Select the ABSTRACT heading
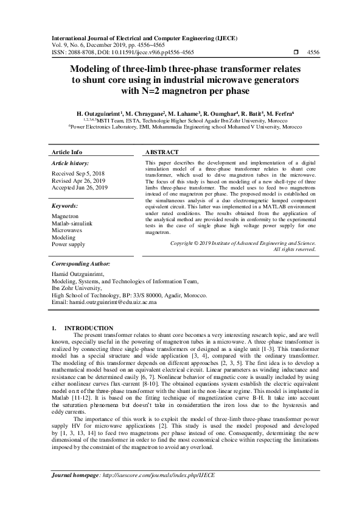coord(162,152)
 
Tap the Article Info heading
coord(67,152)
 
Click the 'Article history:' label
coord(71,163)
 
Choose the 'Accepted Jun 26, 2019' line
coord(80,188)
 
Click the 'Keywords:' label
coord(65,206)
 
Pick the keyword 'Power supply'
coord(68,244)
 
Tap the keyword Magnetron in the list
coord(65,216)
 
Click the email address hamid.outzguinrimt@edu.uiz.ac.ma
coord(104,302)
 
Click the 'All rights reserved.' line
coord(294,249)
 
